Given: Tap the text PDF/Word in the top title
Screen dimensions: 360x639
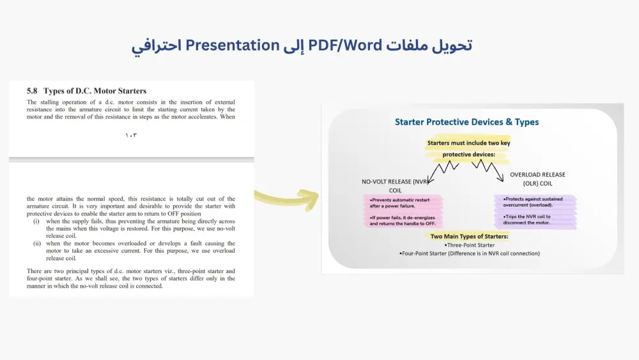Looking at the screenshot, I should (346, 45).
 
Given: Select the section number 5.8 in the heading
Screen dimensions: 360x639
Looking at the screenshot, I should (32, 91).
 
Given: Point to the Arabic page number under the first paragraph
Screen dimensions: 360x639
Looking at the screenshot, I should (131, 135).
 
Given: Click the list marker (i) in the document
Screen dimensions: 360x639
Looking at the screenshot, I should (37, 221).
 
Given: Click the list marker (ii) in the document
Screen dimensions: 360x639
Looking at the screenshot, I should (37, 244).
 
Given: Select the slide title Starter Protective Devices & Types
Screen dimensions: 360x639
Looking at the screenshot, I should (466, 122).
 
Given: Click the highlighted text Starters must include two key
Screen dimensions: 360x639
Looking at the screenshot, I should (468, 143).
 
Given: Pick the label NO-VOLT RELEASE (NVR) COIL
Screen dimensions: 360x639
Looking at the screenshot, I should (395, 185).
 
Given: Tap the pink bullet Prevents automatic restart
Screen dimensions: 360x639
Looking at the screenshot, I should (399, 203).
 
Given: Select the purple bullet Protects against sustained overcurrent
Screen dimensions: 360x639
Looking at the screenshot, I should (534, 202).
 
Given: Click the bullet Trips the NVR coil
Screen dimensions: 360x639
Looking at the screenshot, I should (527, 219).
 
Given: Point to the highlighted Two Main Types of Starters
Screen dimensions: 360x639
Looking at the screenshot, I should (469, 237).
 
